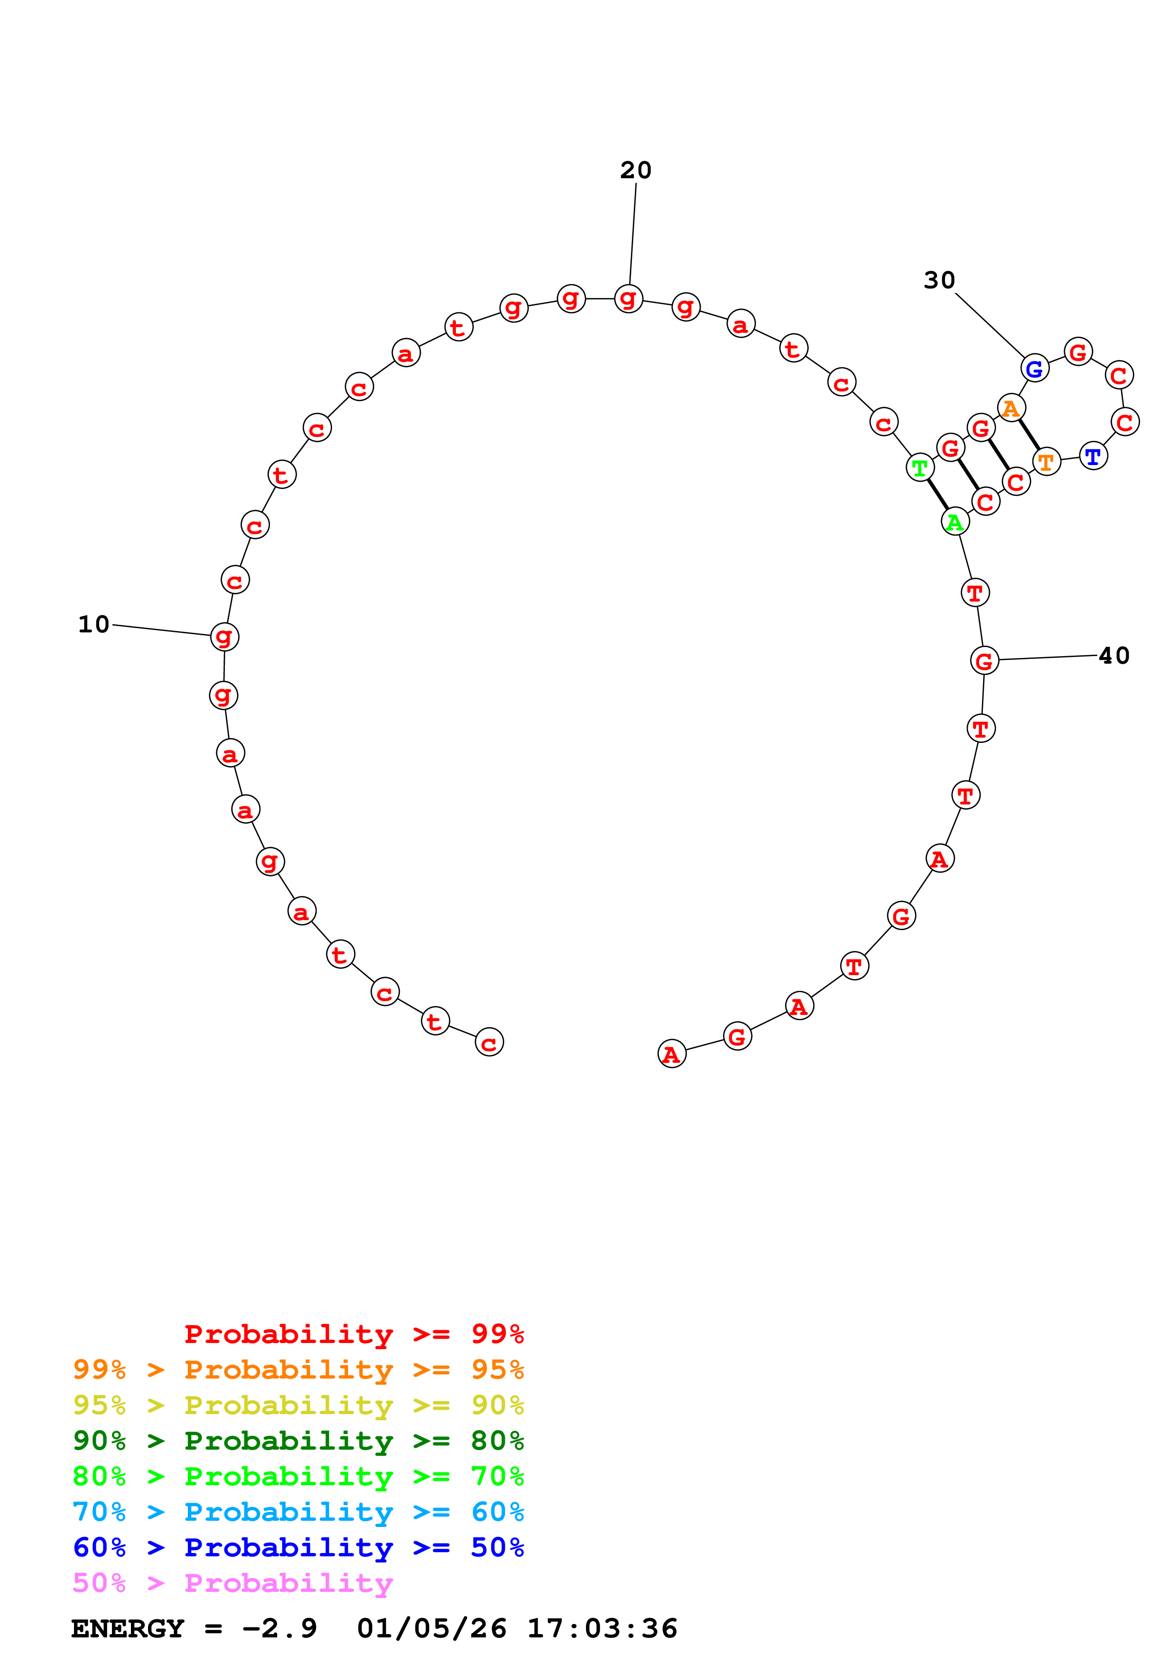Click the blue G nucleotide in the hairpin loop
tap(1034, 369)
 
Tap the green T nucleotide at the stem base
tap(919, 468)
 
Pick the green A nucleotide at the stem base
tap(954, 521)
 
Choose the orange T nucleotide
tap(1046, 461)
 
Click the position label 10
tap(93, 624)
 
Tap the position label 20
tap(636, 170)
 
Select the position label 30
tap(939, 280)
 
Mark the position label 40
tap(1114, 656)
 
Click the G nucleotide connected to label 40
tap(984, 660)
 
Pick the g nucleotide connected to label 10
tap(224, 637)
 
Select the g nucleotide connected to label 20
tap(628, 298)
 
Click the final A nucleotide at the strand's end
tap(672, 1054)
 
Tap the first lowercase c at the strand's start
tap(489, 1042)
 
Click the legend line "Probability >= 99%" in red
tap(353, 1334)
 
